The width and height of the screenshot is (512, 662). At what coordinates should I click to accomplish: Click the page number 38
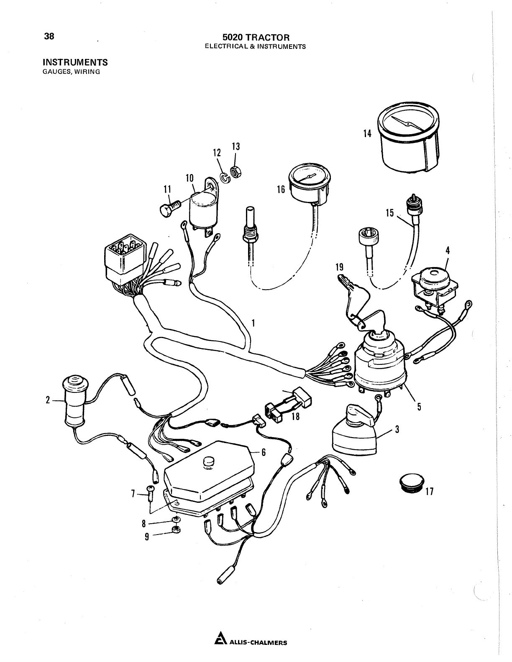[x=49, y=36]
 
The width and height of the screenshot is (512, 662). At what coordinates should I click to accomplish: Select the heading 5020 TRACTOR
[x=256, y=38]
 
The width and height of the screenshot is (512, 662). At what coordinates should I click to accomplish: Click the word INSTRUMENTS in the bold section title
[x=75, y=62]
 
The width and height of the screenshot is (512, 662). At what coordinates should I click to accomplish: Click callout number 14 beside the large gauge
[x=367, y=134]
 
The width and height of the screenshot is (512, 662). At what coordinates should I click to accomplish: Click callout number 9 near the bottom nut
[x=147, y=536]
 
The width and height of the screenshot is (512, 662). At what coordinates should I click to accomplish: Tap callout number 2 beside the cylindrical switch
[x=48, y=400]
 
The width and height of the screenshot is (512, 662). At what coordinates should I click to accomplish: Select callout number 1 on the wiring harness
[x=253, y=322]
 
